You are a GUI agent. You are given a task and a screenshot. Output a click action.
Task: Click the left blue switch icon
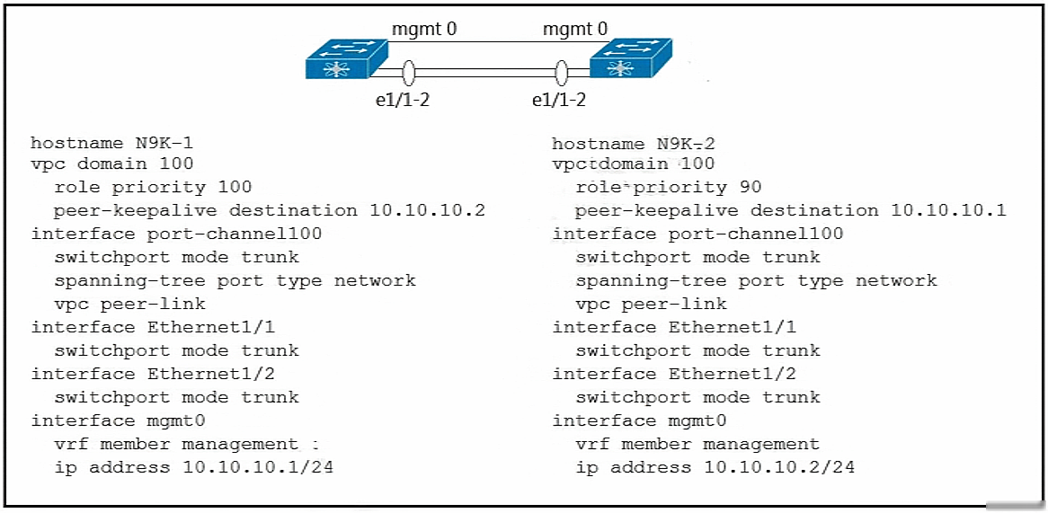click(x=347, y=59)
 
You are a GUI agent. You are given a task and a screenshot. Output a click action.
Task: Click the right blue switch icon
click(x=630, y=59)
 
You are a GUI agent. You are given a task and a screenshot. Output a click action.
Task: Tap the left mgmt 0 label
click(x=424, y=29)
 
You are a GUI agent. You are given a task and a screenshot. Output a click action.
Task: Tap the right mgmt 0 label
click(x=575, y=29)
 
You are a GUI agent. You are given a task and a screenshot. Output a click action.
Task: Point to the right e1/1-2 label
click(x=559, y=101)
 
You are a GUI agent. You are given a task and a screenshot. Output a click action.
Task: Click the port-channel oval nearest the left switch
click(x=409, y=72)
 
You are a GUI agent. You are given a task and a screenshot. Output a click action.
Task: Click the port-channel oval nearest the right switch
click(x=562, y=72)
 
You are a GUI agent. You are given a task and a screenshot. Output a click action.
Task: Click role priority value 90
click(x=750, y=187)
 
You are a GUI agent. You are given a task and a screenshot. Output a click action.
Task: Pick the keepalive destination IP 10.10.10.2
click(x=427, y=210)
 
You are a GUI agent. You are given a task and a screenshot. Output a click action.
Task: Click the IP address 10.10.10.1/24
click(x=257, y=467)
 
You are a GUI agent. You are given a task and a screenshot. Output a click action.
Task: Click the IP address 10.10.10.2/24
click(x=778, y=467)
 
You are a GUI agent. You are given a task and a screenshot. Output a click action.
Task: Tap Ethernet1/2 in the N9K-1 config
click(x=210, y=374)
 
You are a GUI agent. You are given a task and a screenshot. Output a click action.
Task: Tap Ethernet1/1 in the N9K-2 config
click(x=732, y=327)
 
